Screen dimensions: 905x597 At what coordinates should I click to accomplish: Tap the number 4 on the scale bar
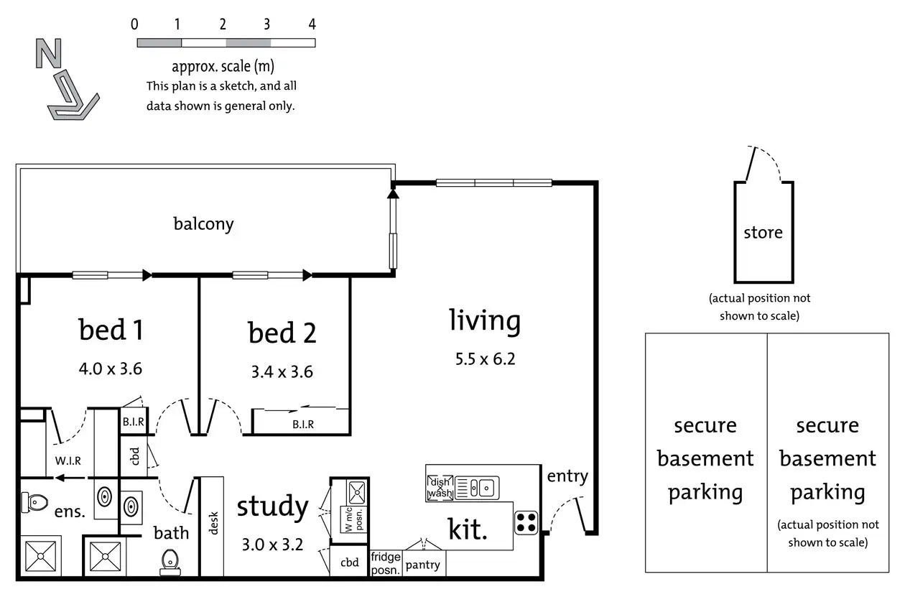pyautogui.click(x=312, y=24)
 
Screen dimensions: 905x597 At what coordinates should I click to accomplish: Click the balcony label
pyautogui.click(x=203, y=223)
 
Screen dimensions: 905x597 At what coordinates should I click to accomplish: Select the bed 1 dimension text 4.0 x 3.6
pyautogui.click(x=111, y=369)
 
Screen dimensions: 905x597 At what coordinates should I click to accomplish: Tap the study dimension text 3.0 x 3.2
pyautogui.click(x=272, y=544)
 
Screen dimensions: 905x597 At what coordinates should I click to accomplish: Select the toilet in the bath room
pyautogui.click(x=170, y=560)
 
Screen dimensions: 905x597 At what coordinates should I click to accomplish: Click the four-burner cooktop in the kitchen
pyautogui.click(x=526, y=522)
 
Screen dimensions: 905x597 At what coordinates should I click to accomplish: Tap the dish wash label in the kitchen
pyautogui.click(x=439, y=488)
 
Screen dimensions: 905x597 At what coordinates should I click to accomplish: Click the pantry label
pyautogui.click(x=422, y=565)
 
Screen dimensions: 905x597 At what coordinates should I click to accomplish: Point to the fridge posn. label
pyautogui.click(x=386, y=563)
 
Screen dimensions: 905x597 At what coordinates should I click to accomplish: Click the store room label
pyautogui.click(x=763, y=233)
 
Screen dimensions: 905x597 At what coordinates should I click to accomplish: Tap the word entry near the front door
pyautogui.click(x=567, y=476)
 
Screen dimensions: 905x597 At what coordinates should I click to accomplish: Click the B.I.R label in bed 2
pyautogui.click(x=302, y=425)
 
